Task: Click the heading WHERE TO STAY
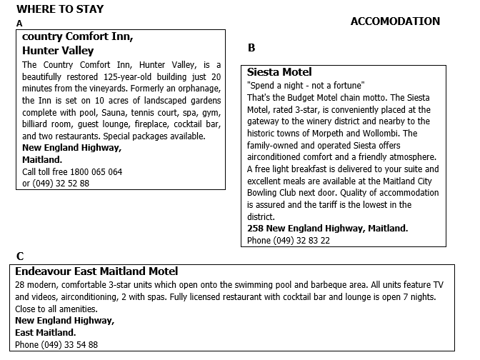click(x=60, y=9)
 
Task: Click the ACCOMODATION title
click(x=395, y=21)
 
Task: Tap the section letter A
click(x=19, y=24)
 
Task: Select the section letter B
click(x=251, y=49)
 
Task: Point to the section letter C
click(x=20, y=256)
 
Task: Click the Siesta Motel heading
click(x=279, y=72)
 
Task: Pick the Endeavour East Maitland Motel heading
click(x=96, y=271)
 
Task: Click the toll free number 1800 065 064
click(x=94, y=172)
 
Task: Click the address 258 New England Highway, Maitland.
click(x=327, y=229)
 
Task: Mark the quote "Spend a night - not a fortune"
click(x=306, y=85)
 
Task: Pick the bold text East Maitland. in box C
click(x=45, y=333)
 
